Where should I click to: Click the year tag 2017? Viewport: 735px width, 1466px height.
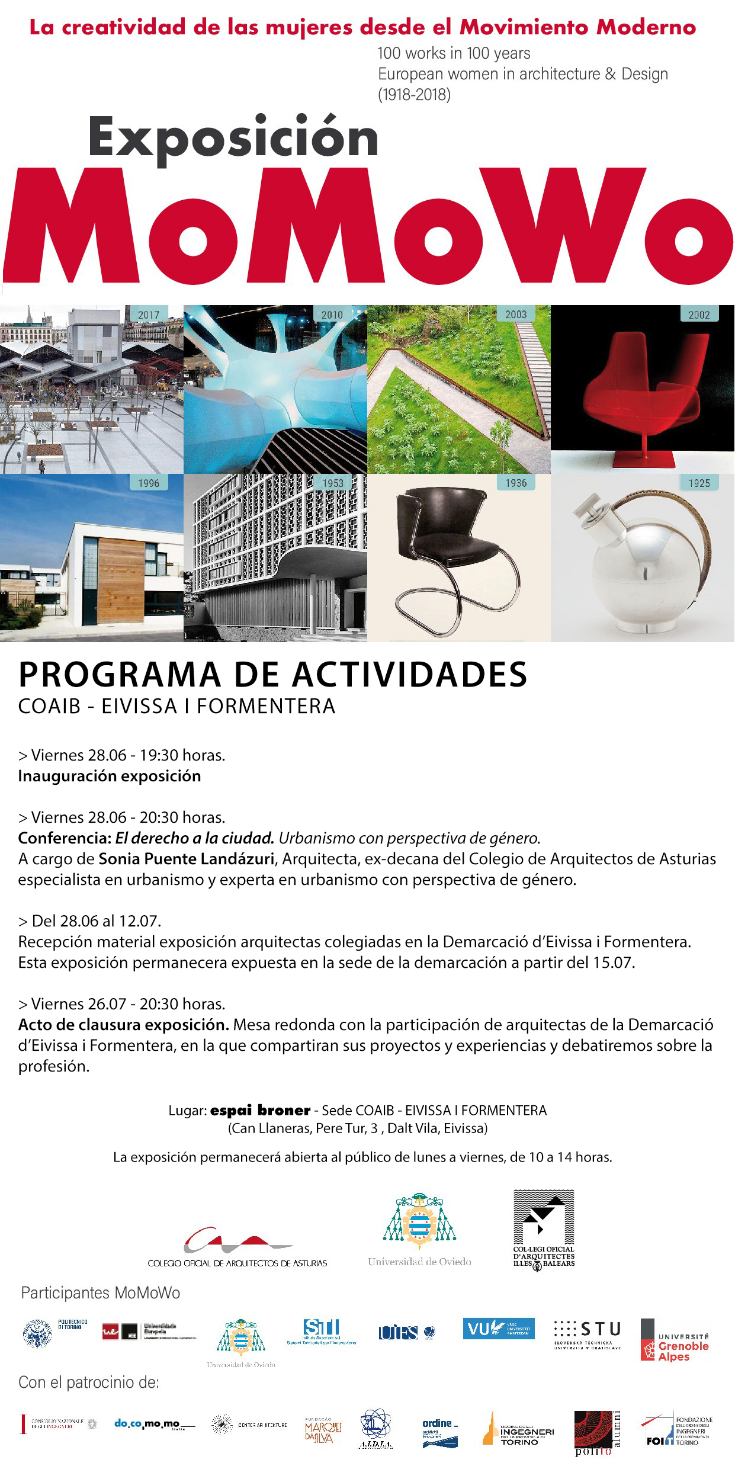(148, 315)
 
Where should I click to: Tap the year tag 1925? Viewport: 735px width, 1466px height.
(699, 483)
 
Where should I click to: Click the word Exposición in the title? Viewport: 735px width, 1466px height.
(233, 138)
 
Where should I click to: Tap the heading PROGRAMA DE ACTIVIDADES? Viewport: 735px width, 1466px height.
(272, 675)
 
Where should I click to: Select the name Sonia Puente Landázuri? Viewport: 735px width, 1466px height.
(186, 858)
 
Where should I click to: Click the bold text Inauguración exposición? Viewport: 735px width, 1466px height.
(110, 776)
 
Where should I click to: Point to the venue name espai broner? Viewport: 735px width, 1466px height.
(260, 1110)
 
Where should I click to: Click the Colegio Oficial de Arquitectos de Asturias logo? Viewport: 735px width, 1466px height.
(237, 1246)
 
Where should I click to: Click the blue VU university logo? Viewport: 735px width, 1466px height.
(499, 1329)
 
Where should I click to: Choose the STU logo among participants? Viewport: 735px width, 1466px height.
(588, 1333)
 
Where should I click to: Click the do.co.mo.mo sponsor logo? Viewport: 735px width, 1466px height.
(153, 1424)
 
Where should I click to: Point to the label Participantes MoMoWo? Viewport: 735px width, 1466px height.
(101, 1293)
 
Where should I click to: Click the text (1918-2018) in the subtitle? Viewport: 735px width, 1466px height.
(414, 94)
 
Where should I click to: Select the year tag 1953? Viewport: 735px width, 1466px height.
(332, 483)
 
